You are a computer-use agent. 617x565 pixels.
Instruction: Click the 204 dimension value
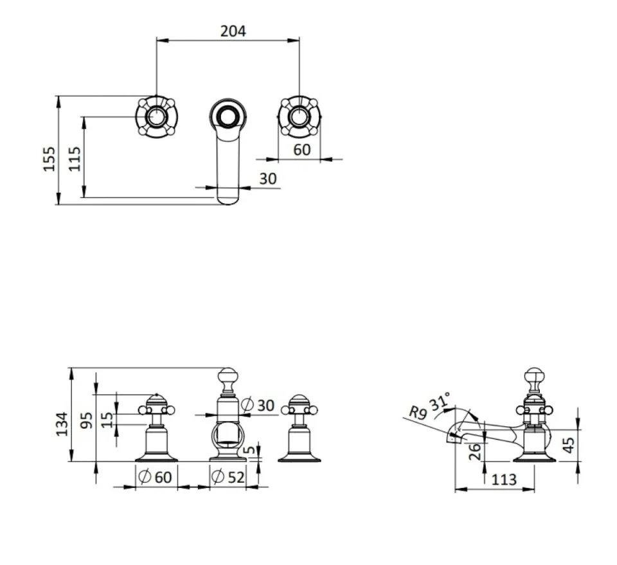click(233, 31)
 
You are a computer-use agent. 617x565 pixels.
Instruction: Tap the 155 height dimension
click(49, 159)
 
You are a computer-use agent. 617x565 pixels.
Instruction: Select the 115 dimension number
click(75, 159)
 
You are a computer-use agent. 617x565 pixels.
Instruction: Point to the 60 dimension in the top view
click(302, 150)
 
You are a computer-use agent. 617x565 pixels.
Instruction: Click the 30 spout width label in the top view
click(268, 179)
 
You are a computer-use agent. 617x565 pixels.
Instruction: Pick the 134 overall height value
click(62, 424)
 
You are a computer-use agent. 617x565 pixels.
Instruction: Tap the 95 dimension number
click(86, 420)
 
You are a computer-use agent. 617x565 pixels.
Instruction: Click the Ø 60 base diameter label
click(156, 477)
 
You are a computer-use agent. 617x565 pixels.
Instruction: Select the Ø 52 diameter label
click(228, 477)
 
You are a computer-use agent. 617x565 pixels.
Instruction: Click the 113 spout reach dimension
click(504, 480)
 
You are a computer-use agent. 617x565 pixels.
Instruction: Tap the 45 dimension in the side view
click(569, 445)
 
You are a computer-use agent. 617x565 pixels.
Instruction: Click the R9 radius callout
click(418, 413)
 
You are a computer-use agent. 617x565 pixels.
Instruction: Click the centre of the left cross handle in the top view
click(156, 117)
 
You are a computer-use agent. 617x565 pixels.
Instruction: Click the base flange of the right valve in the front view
click(300, 457)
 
